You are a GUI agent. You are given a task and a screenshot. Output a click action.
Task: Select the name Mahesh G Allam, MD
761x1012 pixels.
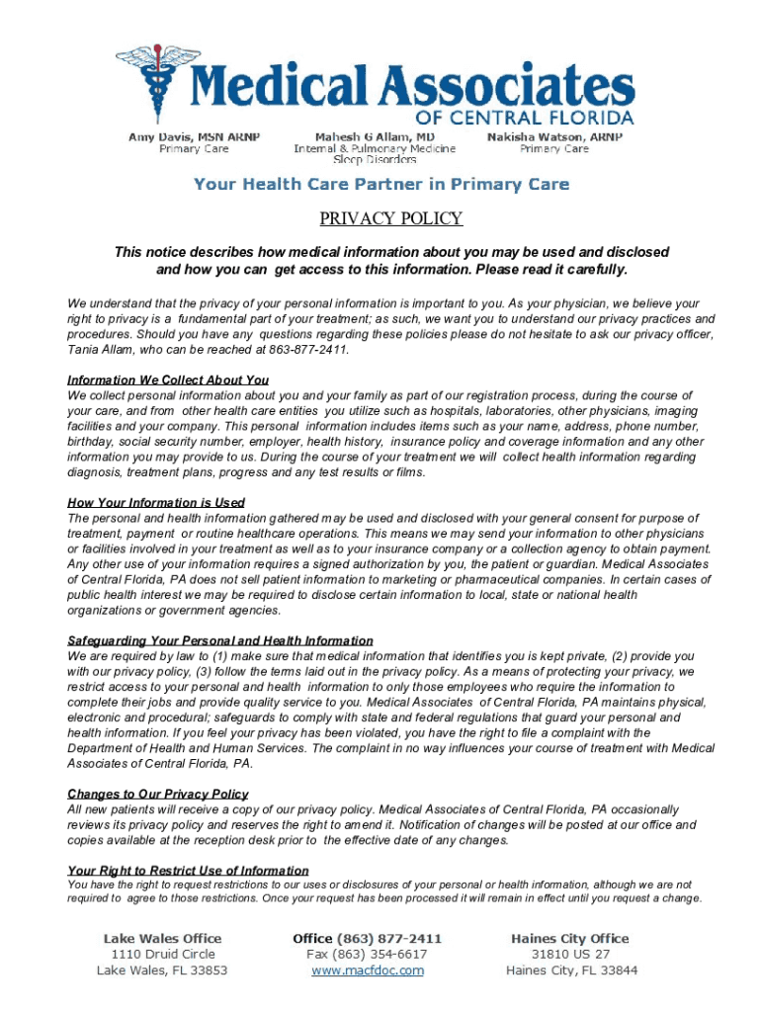point(375,135)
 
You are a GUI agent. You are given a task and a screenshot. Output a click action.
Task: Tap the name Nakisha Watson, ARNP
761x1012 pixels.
point(554,135)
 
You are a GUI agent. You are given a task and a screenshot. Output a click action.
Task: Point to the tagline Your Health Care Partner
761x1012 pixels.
point(380,184)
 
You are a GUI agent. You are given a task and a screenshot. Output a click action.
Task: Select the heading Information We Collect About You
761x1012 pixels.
point(168,380)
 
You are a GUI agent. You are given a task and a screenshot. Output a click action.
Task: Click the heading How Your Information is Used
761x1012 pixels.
point(156,503)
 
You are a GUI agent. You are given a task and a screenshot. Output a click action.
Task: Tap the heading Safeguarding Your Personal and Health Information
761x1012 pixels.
point(220,640)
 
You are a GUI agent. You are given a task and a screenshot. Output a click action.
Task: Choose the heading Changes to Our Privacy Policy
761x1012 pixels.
point(158,794)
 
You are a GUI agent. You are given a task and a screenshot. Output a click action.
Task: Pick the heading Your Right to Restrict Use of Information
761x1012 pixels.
point(188,870)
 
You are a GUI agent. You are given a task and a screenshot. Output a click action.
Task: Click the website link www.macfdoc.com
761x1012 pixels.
point(368,970)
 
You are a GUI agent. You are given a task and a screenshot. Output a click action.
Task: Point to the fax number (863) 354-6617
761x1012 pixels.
point(367,954)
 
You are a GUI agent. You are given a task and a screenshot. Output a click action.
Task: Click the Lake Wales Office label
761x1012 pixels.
point(163,938)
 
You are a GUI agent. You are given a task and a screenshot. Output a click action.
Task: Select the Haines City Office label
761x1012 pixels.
point(569,938)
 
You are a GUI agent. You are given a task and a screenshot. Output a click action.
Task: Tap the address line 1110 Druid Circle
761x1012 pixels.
point(162,954)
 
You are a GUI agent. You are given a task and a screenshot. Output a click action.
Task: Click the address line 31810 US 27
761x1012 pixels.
point(571,954)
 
